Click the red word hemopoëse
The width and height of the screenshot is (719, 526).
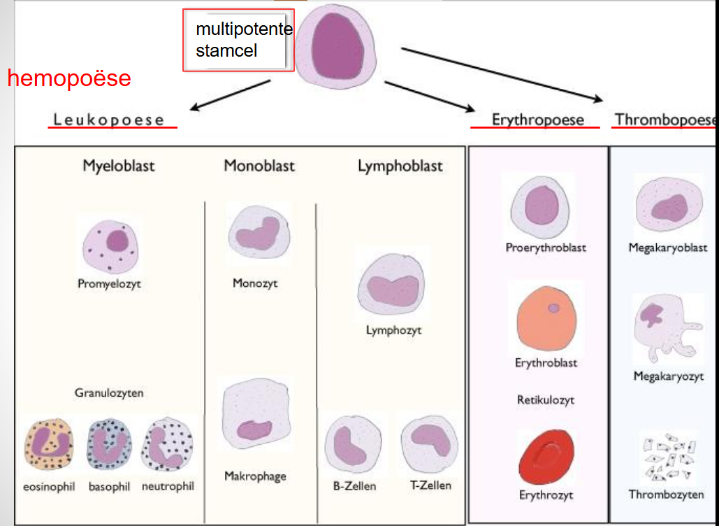[x=69, y=78]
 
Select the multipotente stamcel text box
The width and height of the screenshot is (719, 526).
[x=238, y=40]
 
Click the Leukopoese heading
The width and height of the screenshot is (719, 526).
[x=110, y=120]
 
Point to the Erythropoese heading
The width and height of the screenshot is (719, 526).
[x=537, y=119]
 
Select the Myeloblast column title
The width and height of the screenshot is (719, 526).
[x=118, y=166]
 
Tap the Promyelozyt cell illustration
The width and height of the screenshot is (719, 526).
[x=112, y=246]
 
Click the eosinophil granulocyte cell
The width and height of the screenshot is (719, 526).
[x=48, y=446]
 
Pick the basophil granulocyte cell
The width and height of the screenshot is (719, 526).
[x=110, y=446]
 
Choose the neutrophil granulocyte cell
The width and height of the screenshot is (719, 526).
[x=167, y=446]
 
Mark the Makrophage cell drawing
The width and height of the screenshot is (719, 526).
[x=255, y=419]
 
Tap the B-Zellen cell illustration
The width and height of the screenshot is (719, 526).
[x=353, y=444]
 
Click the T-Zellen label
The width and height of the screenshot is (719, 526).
[x=430, y=485]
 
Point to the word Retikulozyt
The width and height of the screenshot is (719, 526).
[x=546, y=400]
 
